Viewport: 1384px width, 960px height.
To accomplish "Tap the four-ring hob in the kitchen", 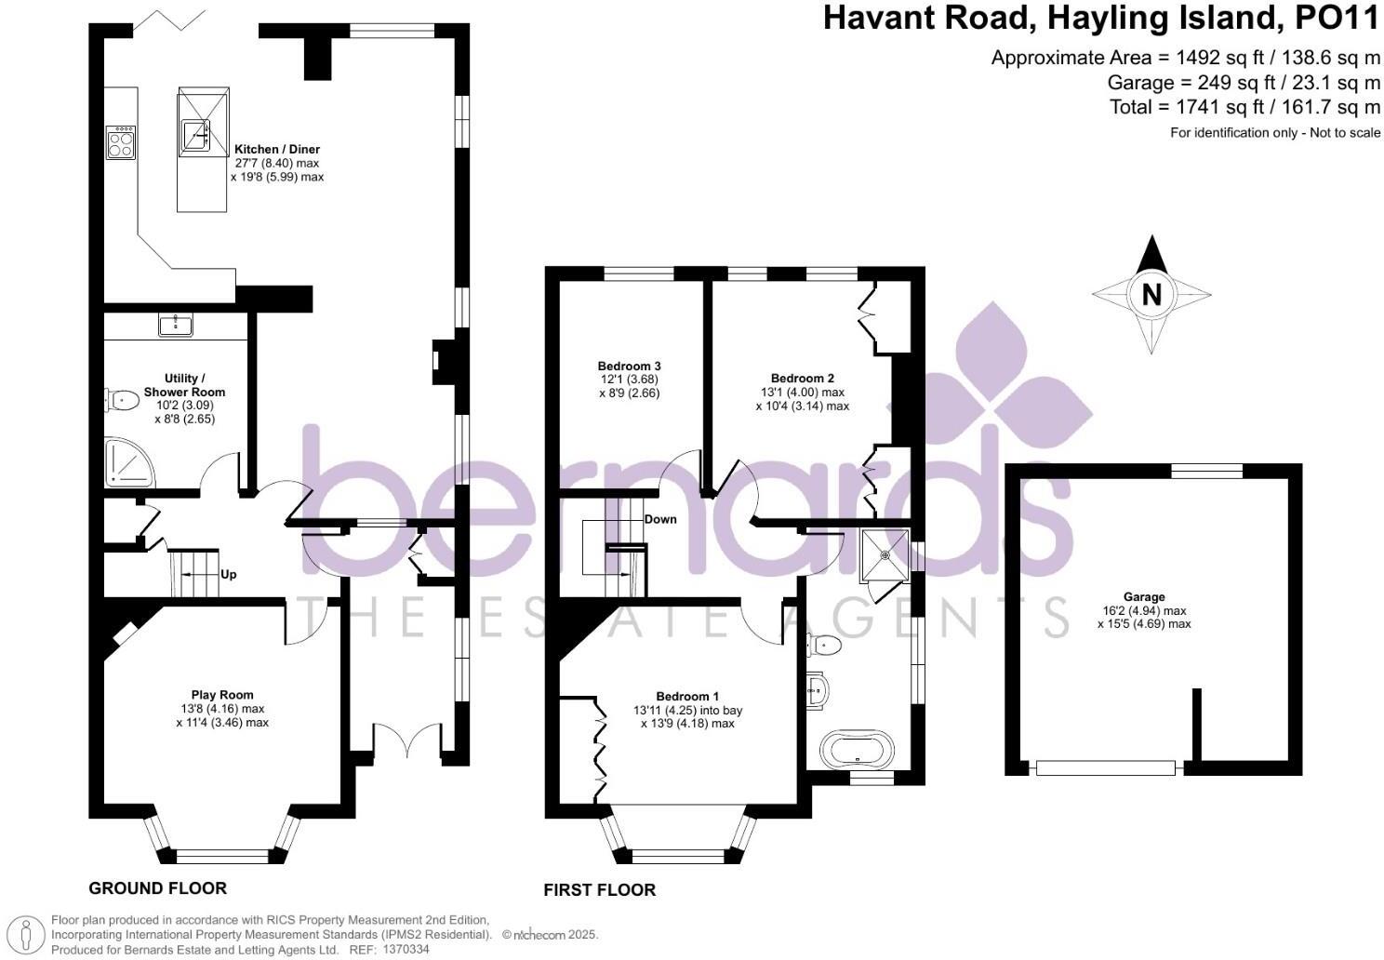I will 121,142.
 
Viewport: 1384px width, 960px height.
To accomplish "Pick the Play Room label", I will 222,695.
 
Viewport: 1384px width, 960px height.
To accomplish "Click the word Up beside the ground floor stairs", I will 228,574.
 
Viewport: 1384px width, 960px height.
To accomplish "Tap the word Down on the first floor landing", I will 660,519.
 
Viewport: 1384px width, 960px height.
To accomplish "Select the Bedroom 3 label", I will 629,366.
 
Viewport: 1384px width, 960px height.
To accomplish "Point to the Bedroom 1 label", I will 687,696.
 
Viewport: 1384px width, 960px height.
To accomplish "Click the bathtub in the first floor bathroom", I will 857,747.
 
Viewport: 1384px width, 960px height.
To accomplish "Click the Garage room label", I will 1143,597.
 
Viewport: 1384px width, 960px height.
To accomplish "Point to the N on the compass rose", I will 1151,295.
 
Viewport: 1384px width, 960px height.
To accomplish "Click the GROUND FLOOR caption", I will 157,887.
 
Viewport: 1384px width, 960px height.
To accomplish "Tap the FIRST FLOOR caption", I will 599,890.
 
